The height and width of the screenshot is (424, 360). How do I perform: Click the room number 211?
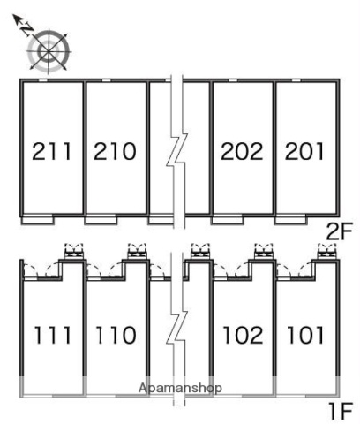click(x=52, y=151)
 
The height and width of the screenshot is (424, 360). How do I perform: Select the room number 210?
click(x=115, y=151)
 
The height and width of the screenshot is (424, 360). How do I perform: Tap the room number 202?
click(x=242, y=151)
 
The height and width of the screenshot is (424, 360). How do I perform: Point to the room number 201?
click(x=304, y=151)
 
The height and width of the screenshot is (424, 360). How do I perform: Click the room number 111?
click(x=53, y=335)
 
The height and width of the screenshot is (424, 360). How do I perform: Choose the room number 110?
click(x=116, y=335)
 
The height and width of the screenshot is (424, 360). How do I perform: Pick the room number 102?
click(x=243, y=335)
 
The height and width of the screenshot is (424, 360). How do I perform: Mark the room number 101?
click(x=305, y=335)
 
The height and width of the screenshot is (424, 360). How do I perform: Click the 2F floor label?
click(x=340, y=231)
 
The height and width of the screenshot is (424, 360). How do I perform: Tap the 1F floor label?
click(x=341, y=411)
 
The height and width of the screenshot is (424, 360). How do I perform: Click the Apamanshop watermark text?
click(x=180, y=388)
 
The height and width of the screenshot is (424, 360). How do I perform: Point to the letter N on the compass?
click(x=28, y=29)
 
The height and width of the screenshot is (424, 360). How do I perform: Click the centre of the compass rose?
click(x=49, y=52)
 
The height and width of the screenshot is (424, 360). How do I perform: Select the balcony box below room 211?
click(x=38, y=220)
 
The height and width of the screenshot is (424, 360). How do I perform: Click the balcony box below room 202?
click(x=228, y=220)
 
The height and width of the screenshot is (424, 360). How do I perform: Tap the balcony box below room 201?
click(x=290, y=220)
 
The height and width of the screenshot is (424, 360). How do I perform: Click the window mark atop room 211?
click(x=43, y=80)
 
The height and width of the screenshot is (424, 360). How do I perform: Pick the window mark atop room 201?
click(x=296, y=80)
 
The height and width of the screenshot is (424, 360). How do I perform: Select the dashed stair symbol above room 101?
click(x=327, y=251)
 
